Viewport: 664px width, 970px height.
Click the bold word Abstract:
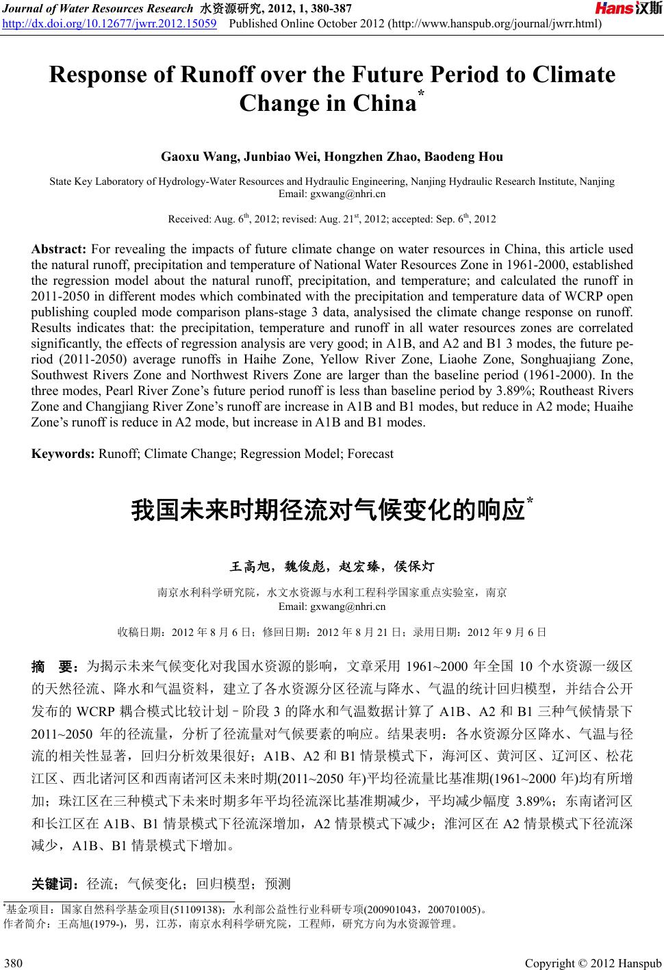pyautogui.click(x=58, y=249)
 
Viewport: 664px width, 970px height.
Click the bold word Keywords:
pyautogui.click(x=64, y=453)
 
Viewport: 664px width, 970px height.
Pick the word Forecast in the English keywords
pyautogui.click(x=370, y=453)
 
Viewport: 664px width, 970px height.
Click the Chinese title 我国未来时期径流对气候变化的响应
pyautogui.click(x=327, y=511)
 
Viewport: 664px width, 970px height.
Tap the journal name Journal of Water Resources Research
pyautogui.click(x=99, y=9)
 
